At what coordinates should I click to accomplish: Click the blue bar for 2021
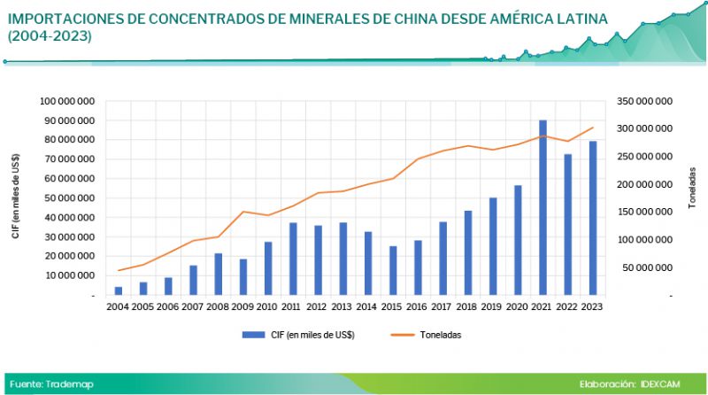tap(543, 208)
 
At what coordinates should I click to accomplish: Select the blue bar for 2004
tap(119, 290)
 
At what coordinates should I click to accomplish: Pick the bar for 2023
tap(592, 218)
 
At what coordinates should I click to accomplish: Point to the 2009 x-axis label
tap(242, 306)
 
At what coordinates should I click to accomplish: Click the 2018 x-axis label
tap(467, 306)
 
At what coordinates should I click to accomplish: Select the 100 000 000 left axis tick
tap(70, 101)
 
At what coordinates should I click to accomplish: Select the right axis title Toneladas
tap(691, 197)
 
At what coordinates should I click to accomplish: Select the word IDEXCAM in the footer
tap(666, 384)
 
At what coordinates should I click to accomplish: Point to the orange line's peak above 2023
tap(592, 128)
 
